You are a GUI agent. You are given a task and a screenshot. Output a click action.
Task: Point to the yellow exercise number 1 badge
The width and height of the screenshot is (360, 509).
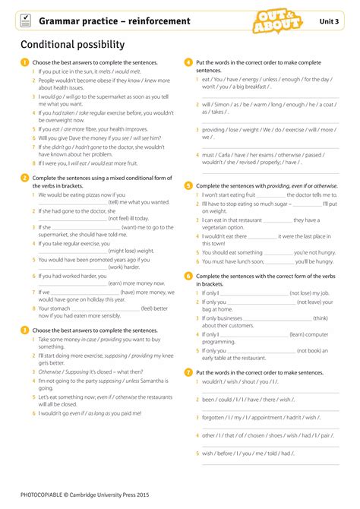click(24, 62)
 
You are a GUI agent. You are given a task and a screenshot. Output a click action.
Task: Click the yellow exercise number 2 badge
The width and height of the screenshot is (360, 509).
click(24, 177)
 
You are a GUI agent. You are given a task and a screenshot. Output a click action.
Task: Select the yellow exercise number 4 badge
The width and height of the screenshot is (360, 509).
click(188, 62)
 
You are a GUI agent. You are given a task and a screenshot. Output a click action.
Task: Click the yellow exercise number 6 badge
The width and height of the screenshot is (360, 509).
click(188, 275)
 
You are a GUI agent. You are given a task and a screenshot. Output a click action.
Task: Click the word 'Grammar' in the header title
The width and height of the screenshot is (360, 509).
click(62, 21)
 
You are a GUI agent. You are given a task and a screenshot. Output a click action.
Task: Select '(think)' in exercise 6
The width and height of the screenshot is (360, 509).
click(320, 318)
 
